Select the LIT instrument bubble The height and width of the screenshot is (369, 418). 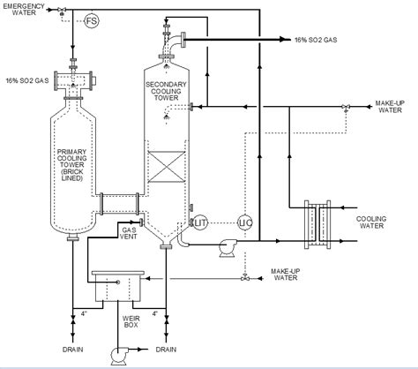199,222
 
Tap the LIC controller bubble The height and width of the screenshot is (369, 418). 245,222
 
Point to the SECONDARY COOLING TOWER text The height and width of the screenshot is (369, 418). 167,91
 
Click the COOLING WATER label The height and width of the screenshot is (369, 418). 377,222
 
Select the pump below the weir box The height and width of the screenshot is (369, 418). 118,354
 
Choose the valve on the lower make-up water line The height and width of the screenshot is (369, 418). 244,279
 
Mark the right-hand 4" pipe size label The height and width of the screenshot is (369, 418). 156,313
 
